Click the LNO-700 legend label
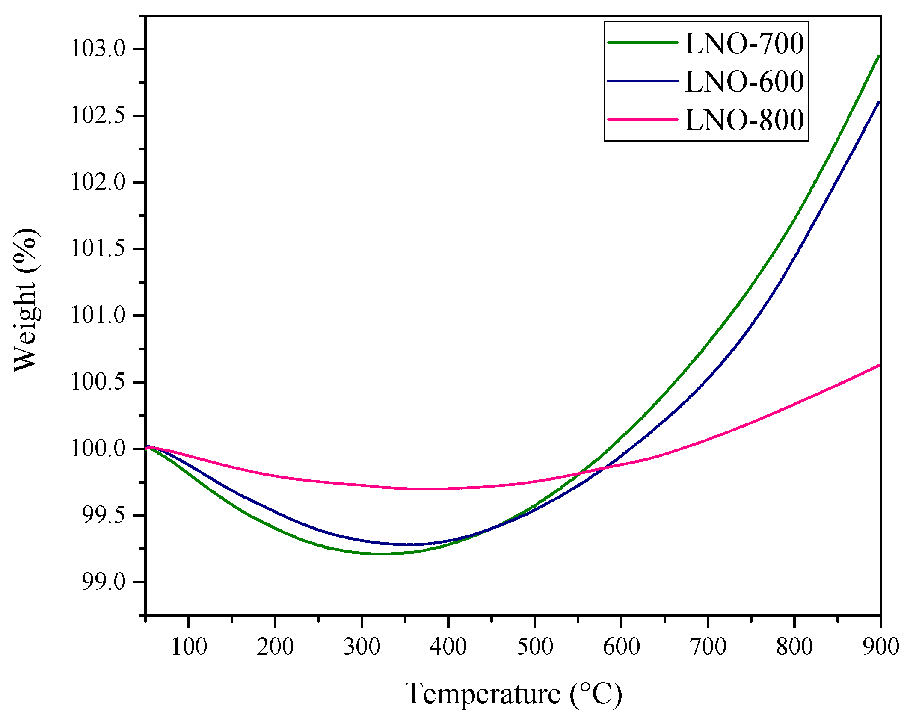[x=744, y=44]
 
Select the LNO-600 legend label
[x=744, y=81]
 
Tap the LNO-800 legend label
[x=744, y=120]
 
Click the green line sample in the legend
[x=643, y=43]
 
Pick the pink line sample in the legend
[x=643, y=119]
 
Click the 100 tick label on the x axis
[x=189, y=647]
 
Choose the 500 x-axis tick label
[x=535, y=647]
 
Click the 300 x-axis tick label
[x=362, y=647]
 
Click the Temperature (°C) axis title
[x=513, y=694]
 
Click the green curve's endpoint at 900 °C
[x=878, y=56]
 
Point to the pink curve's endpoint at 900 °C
[x=878, y=366]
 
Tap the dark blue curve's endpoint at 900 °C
[x=878, y=102]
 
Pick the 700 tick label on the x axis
[x=708, y=647]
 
